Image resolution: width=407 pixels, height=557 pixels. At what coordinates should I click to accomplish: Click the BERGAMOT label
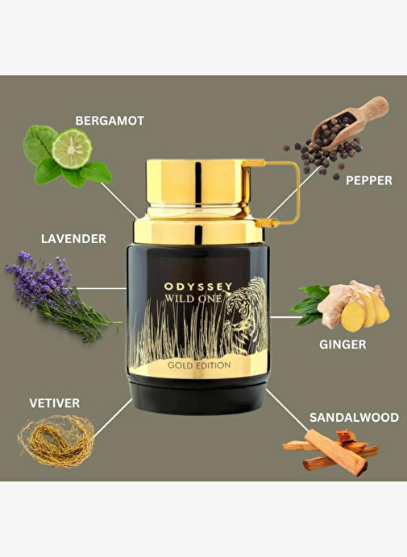pyautogui.click(x=110, y=121)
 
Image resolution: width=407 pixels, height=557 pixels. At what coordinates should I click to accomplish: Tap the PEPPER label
pyautogui.click(x=369, y=180)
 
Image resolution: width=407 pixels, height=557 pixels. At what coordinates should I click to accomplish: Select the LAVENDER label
pyautogui.click(x=73, y=239)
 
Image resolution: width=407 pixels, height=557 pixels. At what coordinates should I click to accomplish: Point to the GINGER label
pyautogui.click(x=343, y=345)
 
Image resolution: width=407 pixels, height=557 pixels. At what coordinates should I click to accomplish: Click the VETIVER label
pyautogui.click(x=55, y=403)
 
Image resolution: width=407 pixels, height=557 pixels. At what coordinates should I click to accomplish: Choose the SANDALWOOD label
pyautogui.click(x=354, y=418)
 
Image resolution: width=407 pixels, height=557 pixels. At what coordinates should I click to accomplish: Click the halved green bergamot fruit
pyautogui.click(x=73, y=148)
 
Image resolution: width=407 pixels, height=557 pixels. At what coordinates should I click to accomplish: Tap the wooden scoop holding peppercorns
pyautogui.click(x=349, y=122)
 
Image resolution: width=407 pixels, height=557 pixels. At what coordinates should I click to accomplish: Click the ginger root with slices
pyautogui.click(x=352, y=306)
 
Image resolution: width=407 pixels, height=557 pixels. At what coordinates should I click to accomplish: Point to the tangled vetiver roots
pyautogui.click(x=56, y=441)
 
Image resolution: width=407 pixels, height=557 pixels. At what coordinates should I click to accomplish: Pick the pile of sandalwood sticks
pyautogui.click(x=331, y=452)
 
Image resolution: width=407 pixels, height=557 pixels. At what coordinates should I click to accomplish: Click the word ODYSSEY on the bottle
pyautogui.click(x=198, y=287)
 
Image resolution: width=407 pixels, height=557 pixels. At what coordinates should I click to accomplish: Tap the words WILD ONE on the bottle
pyautogui.click(x=193, y=299)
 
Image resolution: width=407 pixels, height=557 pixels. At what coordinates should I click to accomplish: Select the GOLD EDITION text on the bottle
pyautogui.click(x=199, y=365)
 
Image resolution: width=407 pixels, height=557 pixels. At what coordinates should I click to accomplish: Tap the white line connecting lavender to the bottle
pyautogui.click(x=102, y=288)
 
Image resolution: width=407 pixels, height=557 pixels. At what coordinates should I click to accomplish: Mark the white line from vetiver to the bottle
pyautogui.click(x=113, y=418)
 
